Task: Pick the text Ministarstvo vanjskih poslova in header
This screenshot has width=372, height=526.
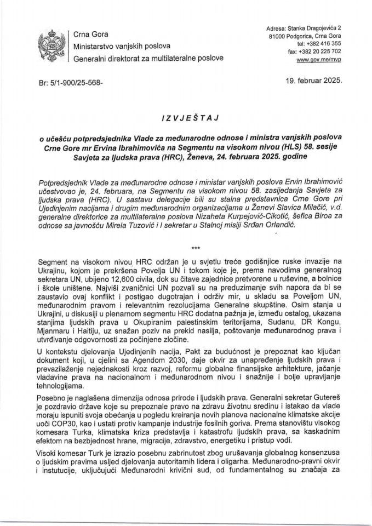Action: tap(122, 47)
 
